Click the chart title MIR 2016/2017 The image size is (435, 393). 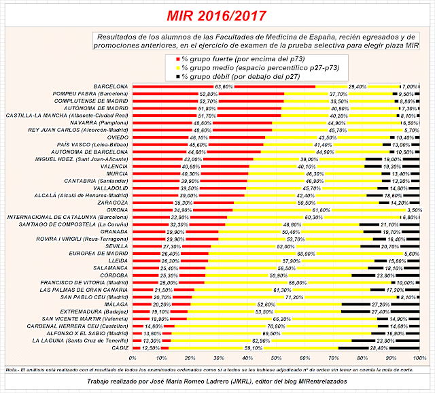tap(217, 15)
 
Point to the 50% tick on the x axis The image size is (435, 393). tap(276, 358)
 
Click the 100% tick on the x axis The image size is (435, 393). tap(419, 358)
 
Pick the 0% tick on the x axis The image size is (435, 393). tap(133, 358)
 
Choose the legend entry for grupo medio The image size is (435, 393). tap(238, 67)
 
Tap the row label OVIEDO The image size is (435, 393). tap(116, 137)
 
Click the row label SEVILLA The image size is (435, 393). tap(116, 245)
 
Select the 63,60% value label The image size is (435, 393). tap(224, 87)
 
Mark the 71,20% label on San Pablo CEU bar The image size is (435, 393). tap(294, 298)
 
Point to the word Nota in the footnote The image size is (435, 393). tap(11, 369)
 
